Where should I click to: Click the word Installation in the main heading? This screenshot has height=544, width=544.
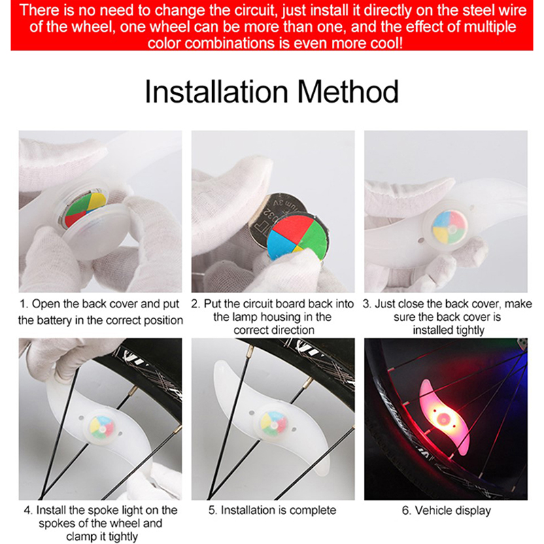pos(216,92)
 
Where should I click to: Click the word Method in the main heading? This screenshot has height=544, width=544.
pos(348,92)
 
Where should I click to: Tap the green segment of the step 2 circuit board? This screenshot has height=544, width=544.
pos(315,237)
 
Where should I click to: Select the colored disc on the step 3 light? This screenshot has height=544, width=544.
pos(449,227)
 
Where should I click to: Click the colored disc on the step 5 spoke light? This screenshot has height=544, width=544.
pos(275,423)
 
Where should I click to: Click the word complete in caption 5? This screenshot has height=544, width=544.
pos(313,511)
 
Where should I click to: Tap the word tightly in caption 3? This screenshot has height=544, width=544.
pos(465,330)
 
